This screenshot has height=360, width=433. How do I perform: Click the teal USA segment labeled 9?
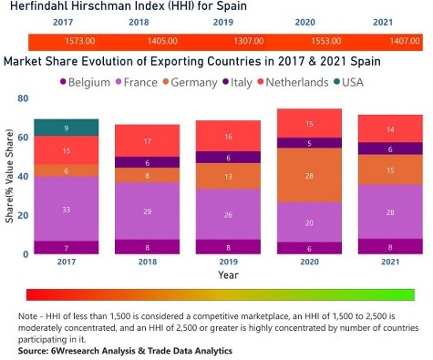pos(66,128)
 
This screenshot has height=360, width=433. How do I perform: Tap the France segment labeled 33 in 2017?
pos(66,209)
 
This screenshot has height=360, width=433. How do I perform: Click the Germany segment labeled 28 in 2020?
pos(309,175)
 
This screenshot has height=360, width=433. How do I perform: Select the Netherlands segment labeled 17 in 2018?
pos(147,141)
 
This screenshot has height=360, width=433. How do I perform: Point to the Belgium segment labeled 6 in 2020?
pos(309,248)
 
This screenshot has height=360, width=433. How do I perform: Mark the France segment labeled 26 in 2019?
pos(228,215)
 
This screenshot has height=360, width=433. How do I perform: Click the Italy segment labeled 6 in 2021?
pos(390,149)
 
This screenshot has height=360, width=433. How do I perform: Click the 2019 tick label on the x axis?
pos(228,262)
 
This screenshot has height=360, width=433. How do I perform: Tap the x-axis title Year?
pos(228,274)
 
